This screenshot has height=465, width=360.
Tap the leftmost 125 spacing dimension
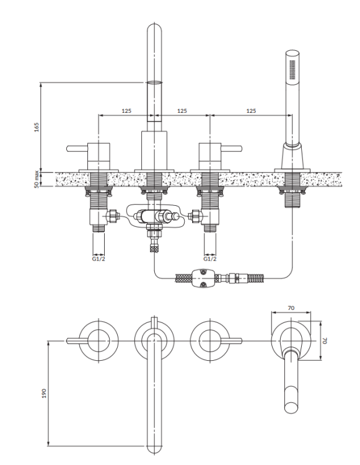(126, 110)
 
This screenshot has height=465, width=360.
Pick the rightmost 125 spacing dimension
(250, 110)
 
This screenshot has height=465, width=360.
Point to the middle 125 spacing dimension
(182, 110)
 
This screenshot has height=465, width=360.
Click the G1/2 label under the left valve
(99, 259)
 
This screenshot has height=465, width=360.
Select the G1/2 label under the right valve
(210, 259)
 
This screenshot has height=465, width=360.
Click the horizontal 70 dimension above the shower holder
(291, 307)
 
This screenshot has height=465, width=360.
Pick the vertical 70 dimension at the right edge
(325, 340)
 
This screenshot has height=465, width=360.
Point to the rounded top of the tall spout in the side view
(154, 31)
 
